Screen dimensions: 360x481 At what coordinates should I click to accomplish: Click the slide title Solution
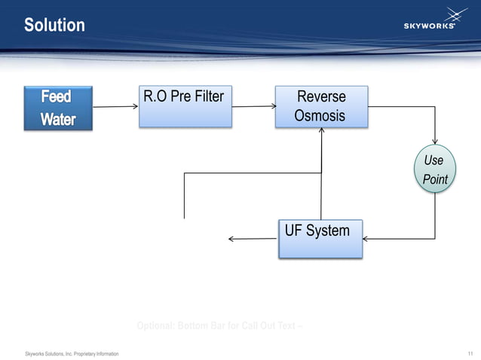[54, 26]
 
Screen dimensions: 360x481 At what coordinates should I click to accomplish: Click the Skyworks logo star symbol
[455, 14]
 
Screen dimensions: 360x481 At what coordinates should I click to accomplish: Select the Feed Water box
[58, 108]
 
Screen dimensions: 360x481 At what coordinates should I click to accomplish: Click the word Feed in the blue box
[57, 97]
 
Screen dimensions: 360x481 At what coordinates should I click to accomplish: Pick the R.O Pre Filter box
[185, 106]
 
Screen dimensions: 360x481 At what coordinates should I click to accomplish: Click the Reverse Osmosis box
[321, 106]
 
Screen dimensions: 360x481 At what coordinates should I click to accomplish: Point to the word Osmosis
[320, 116]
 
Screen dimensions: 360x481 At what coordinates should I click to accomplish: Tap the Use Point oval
[435, 169]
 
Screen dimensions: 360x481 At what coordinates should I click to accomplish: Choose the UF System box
[320, 239]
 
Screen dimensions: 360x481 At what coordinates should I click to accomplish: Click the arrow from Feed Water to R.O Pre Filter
[115, 106]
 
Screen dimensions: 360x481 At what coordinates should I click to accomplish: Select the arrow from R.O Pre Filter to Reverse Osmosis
[254, 106]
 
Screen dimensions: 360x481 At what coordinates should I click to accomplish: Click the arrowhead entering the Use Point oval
[435, 140]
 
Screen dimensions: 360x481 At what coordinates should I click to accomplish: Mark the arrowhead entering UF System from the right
[366, 239]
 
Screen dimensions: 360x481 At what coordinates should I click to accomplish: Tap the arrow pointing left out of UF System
[252, 239]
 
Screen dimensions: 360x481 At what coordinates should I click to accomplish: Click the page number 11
[470, 353]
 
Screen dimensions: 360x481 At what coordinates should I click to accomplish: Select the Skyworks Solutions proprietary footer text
[72, 353]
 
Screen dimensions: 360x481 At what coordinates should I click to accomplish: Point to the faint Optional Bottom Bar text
[220, 326]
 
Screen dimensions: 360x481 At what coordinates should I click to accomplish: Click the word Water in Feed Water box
[58, 119]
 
